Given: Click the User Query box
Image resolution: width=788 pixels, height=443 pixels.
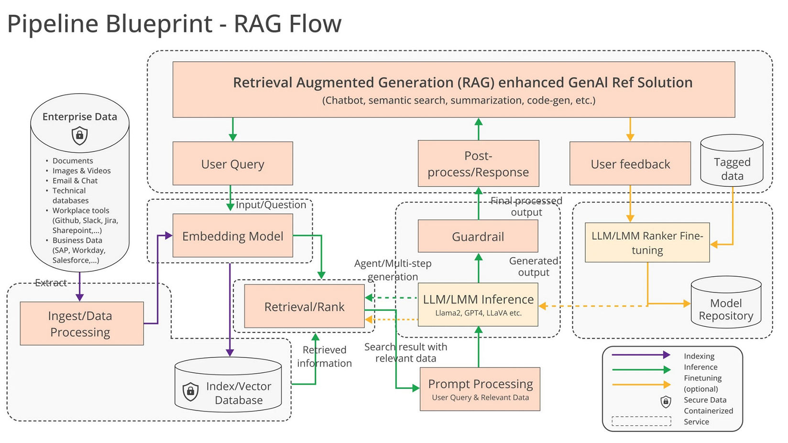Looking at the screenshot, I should click(x=232, y=163).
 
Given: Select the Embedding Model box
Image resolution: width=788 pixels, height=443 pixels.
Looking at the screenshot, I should click(x=232, y=236).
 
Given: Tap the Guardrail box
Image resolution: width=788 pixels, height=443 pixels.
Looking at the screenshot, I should click(x=478, y=236).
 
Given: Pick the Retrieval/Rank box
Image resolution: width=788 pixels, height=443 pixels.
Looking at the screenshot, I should click(x=304, y=306).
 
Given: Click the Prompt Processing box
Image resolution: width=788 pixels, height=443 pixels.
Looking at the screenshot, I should click(x=480, y=389).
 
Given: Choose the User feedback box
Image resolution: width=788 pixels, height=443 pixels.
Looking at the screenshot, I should click(x=630, y=163).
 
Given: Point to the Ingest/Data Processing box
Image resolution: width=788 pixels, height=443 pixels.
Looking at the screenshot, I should click(x=81, y=324).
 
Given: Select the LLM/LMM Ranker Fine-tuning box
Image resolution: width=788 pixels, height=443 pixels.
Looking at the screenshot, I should click(x=647, y=242).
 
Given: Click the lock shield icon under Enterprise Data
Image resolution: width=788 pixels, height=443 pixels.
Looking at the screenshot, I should click(x=80, y=136).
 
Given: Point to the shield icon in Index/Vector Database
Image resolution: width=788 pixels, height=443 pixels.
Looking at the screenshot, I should click(x=190, y=391).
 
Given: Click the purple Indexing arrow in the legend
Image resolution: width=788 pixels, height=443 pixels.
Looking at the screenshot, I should click(x=641, y=355).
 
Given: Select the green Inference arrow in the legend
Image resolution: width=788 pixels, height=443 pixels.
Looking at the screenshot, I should click(x=641, y=369).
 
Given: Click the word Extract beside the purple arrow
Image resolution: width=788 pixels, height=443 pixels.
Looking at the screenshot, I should click(x=51, y=283).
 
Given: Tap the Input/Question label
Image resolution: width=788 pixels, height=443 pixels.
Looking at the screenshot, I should click(x=271, y=205).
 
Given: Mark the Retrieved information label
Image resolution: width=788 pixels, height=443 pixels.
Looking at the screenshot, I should click(x=324, y=357).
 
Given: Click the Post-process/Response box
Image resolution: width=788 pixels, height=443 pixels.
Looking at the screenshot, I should click(x=478, y=163).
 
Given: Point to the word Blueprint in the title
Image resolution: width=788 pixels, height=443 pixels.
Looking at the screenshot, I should click(x=159, y=24).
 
